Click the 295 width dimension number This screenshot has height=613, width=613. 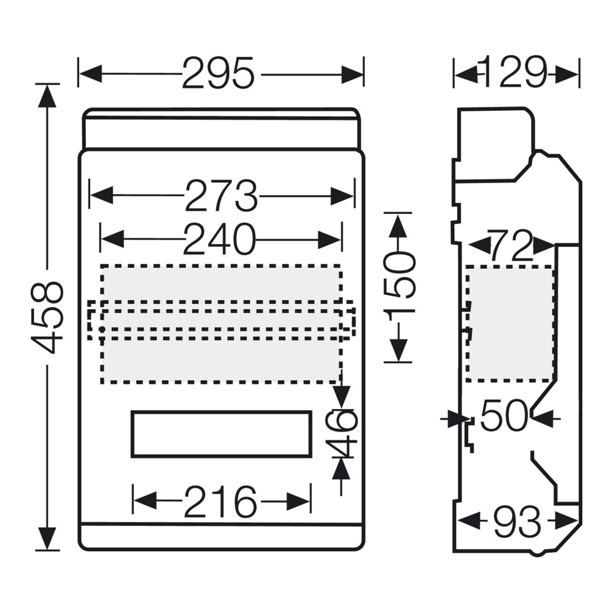(x=218, y=73)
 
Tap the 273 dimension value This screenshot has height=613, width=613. (x=221, y=196)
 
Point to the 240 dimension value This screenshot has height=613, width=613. (x=219, y=239)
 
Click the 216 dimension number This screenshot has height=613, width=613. (x=221, y=501)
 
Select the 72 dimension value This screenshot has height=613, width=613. (x=509, y=246)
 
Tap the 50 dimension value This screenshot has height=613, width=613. (x=504, y=415)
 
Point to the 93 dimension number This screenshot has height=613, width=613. (x=517, y=522)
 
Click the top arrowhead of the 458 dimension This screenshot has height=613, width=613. (x=47, y=95)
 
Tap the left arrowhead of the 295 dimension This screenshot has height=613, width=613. (x=90, y=74)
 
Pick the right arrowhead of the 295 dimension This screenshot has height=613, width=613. (x=352, y=74)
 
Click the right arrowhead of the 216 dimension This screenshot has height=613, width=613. (x=299, y=501)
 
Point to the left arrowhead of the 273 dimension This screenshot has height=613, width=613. (x=101, y=196)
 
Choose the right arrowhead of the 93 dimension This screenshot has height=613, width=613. (x=566, y=522)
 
